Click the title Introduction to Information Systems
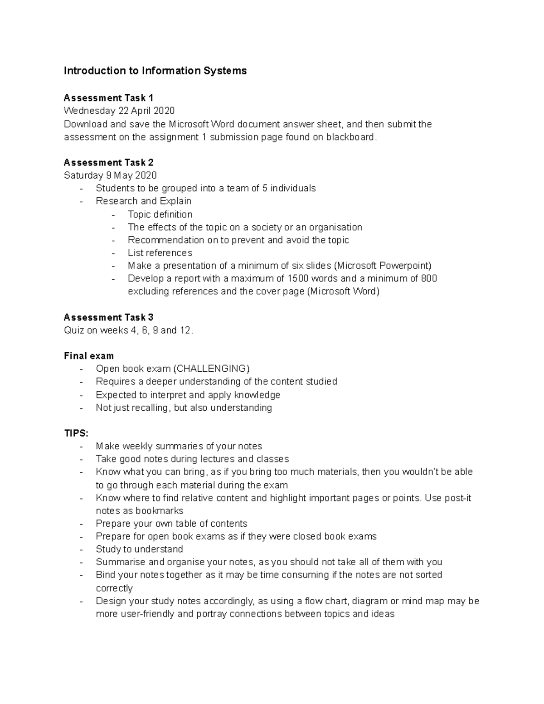click(x=155, y=71)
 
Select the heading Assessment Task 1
click(x=108, y=98)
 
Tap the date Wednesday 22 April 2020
click(x=119, y=111)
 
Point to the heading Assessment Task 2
click(x=108, y=162)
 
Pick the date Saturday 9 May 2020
click(x=110, y=175)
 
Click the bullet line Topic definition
click(x=160, y=214)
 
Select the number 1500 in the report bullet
click(x=300, y=278)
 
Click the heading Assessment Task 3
click(x=108, y=317)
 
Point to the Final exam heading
click(x=89, y=356)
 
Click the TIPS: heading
click(x=76, y=433)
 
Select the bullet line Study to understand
click(x=139, y=549)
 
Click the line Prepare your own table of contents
click(x=171, y=524)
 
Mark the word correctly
click(x=114, y=588)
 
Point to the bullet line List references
click(x=160, y=253)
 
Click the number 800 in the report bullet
click(x=428, y=278)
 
